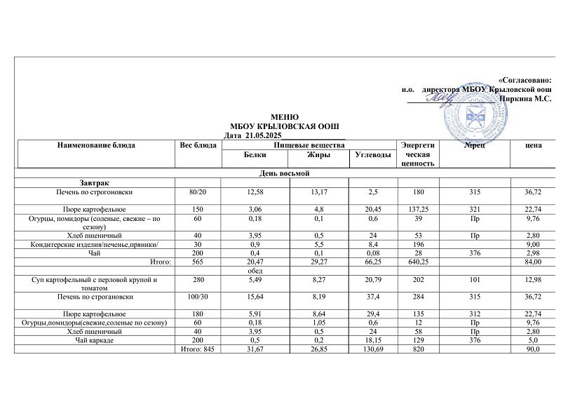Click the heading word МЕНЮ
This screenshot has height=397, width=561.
(x=285, y=116)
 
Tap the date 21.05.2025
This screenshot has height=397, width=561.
(x=263, y=135)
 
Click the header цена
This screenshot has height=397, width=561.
(x=533, y=145)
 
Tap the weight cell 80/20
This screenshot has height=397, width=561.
(x=198, y=191)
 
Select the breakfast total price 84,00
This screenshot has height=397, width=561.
(x=533, y=262)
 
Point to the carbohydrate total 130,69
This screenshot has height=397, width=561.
(x=372, y=349)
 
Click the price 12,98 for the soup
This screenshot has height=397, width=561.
(x=533, y=280)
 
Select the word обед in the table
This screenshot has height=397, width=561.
(x=255, y=271)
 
